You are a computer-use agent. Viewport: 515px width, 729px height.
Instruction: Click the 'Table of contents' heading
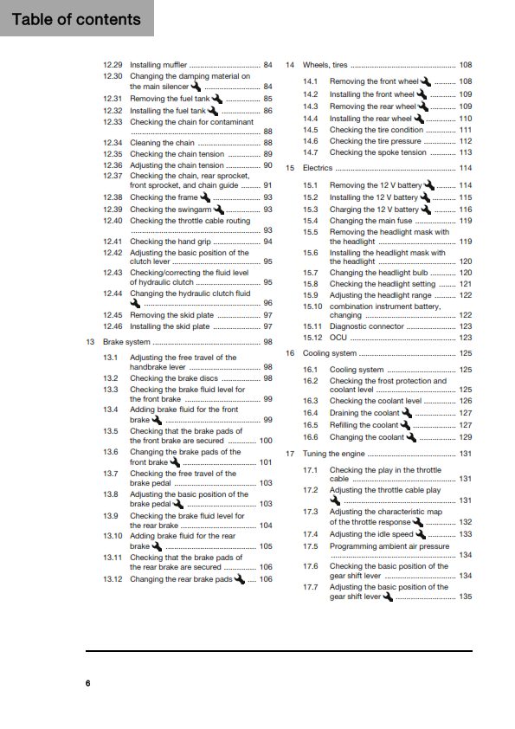coord(76,19)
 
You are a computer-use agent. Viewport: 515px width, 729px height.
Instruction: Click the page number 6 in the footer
coord(87,685)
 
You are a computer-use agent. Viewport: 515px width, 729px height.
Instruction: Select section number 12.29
coord(113,65)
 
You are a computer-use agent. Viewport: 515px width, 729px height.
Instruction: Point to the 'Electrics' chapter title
coord(318,168)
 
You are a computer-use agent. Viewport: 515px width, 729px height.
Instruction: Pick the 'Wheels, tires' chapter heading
coord(325,65)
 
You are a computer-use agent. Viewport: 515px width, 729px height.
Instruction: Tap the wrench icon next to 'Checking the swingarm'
coord(219,209)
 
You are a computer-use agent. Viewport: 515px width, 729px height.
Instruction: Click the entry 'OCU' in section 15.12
coord(338,338)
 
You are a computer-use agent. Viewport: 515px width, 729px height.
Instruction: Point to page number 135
coord(466,597)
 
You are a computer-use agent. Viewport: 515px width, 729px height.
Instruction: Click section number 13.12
coord(114,579)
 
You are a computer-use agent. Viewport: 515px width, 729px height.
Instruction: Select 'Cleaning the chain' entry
coord(162,143)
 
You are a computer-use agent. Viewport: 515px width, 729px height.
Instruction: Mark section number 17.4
coord(311,534)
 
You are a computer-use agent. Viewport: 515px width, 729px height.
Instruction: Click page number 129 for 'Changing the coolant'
coord(466,437)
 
